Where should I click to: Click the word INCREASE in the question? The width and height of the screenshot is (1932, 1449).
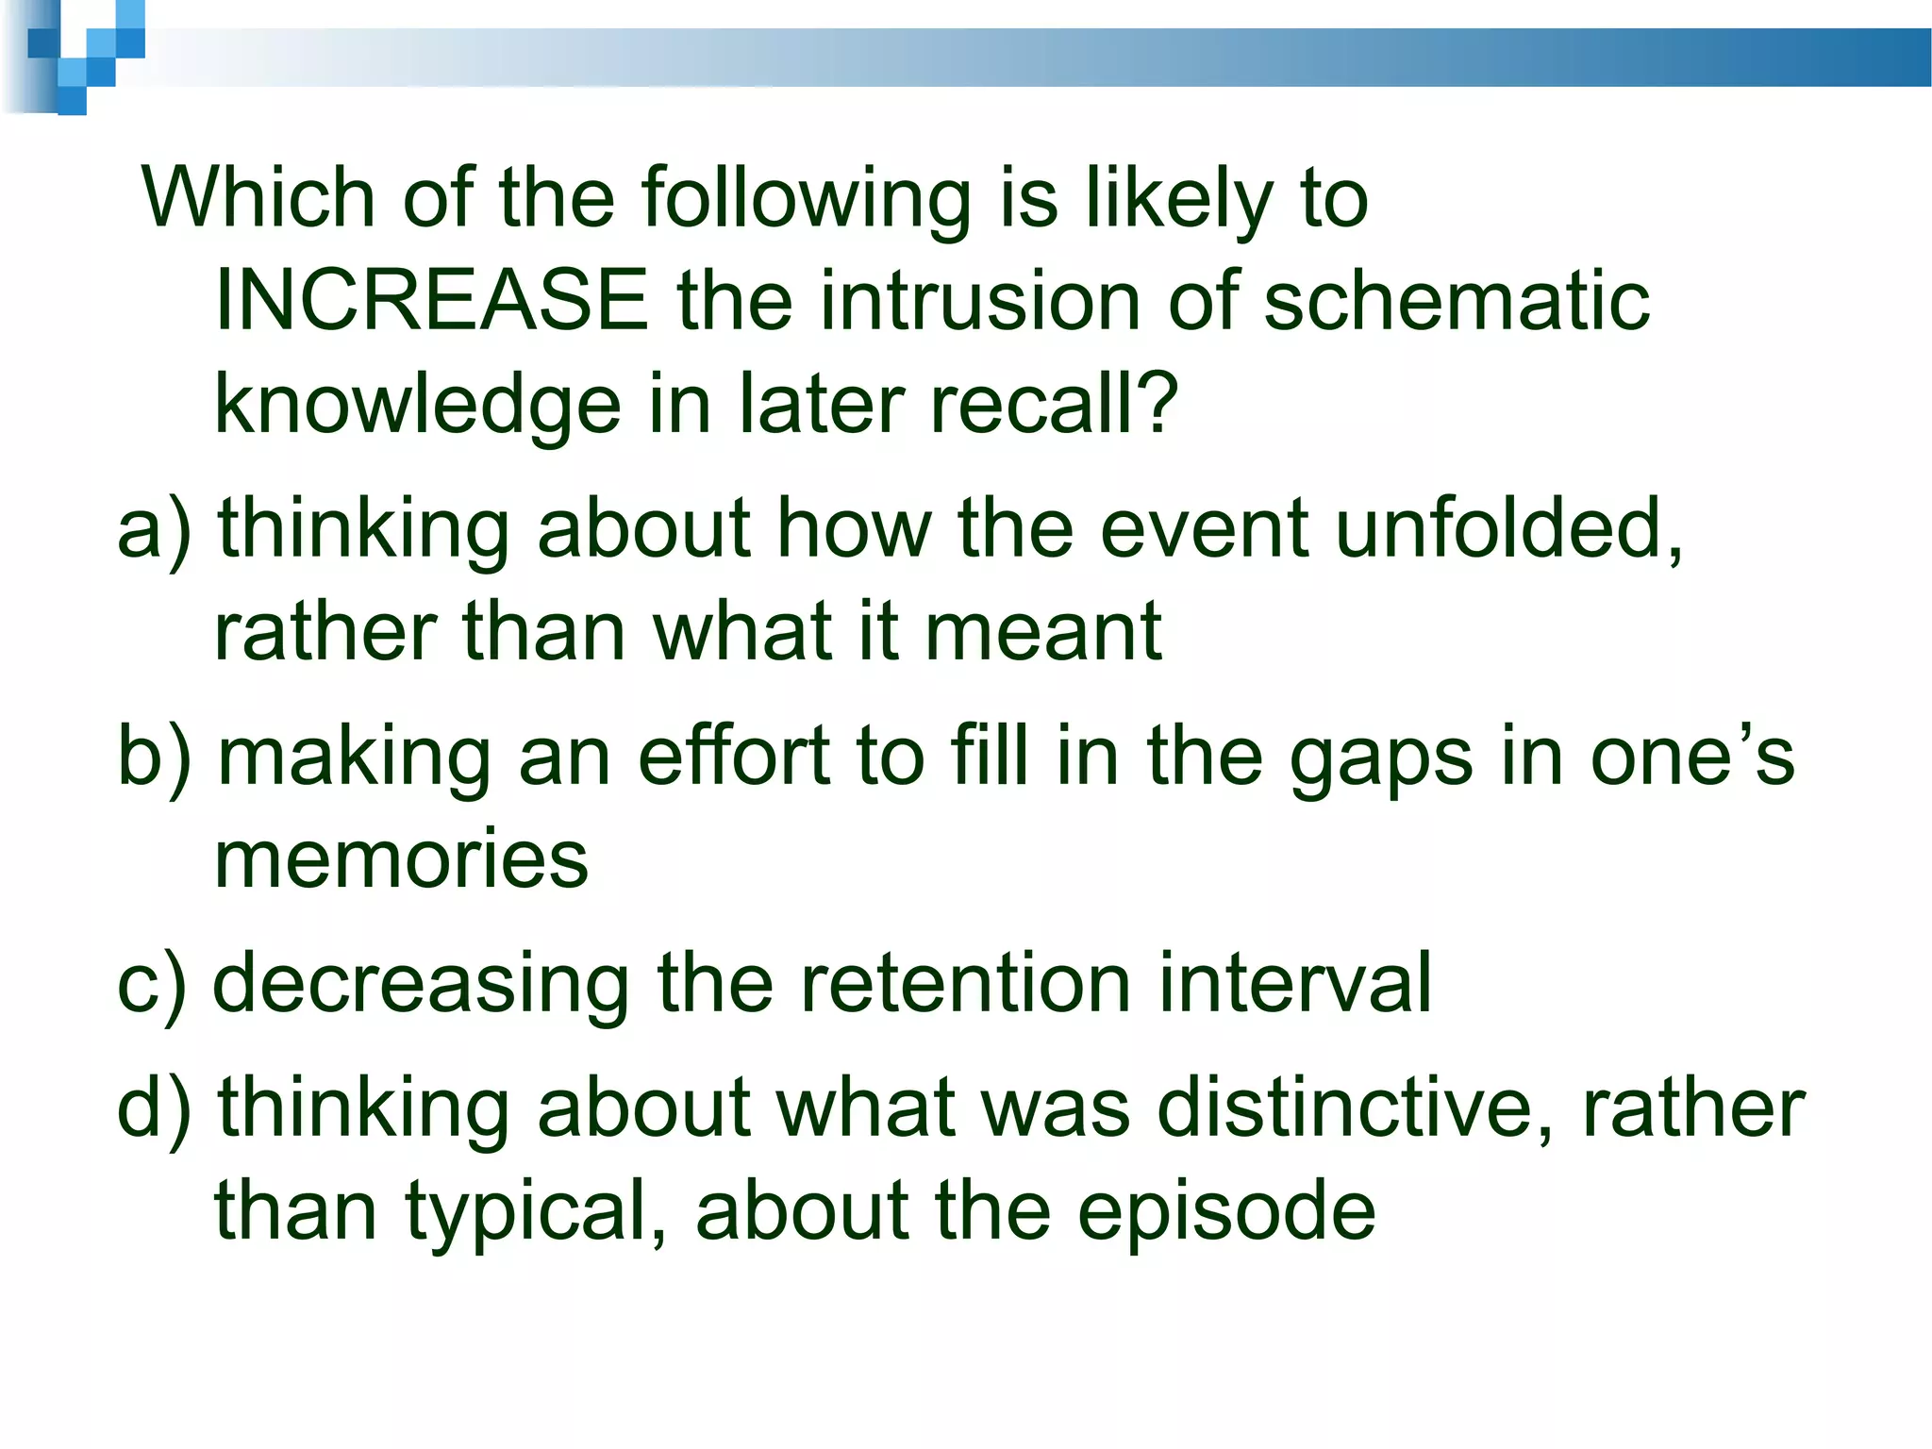click(432, 301)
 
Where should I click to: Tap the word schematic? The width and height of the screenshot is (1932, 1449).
click(1457, 301)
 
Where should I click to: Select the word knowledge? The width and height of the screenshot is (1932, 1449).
click(417, 405)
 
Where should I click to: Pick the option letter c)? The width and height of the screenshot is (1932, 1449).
click(151, 985)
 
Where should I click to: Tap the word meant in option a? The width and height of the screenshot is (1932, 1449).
click(1043, 632)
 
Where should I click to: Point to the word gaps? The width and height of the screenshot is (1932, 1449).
click(1380, 759)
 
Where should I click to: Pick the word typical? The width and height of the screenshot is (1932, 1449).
click(537, 1212)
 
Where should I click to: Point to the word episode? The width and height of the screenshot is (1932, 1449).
click(1226, 1212)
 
